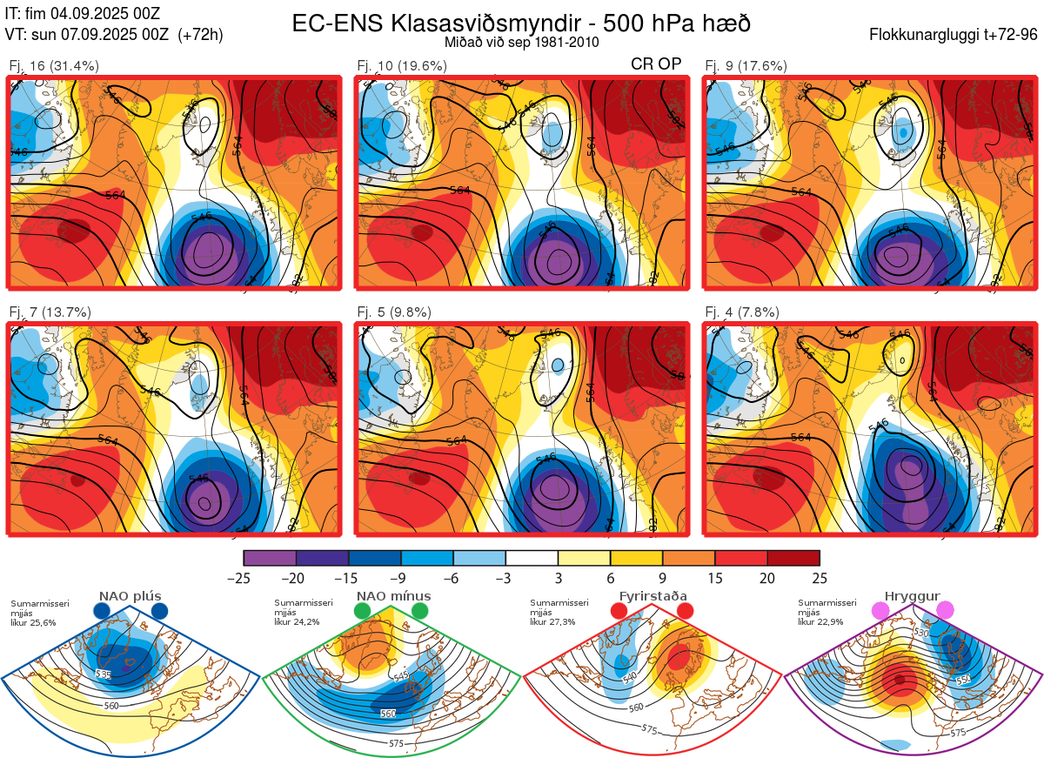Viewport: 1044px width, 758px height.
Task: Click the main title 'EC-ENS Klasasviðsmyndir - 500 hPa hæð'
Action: pos(521,23)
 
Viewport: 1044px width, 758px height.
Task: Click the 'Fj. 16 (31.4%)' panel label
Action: pos(54,66)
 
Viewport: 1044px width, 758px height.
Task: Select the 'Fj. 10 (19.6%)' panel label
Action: pos(402,66)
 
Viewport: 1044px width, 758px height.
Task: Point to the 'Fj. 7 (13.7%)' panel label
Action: pos(50,312)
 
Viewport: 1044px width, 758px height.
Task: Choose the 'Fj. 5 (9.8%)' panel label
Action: pos(394,312)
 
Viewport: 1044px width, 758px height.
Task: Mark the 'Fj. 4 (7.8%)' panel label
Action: pos(742,312)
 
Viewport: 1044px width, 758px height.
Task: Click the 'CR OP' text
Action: pos(656,64)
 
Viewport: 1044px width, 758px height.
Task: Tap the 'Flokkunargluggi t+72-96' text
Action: pos(954,35)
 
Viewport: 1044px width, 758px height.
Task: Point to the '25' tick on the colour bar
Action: pos(819,578)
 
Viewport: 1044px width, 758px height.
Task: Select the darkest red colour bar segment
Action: pos(793,558)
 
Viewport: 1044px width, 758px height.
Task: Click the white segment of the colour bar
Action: pos(532,558)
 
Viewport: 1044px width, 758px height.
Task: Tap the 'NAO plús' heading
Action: pos(130,596)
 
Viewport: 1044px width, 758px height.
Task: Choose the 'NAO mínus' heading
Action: pos(393,596)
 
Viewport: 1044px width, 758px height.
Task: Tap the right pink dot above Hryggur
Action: pos(945,611)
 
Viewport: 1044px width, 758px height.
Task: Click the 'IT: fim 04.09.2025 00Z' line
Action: pos(83,13)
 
